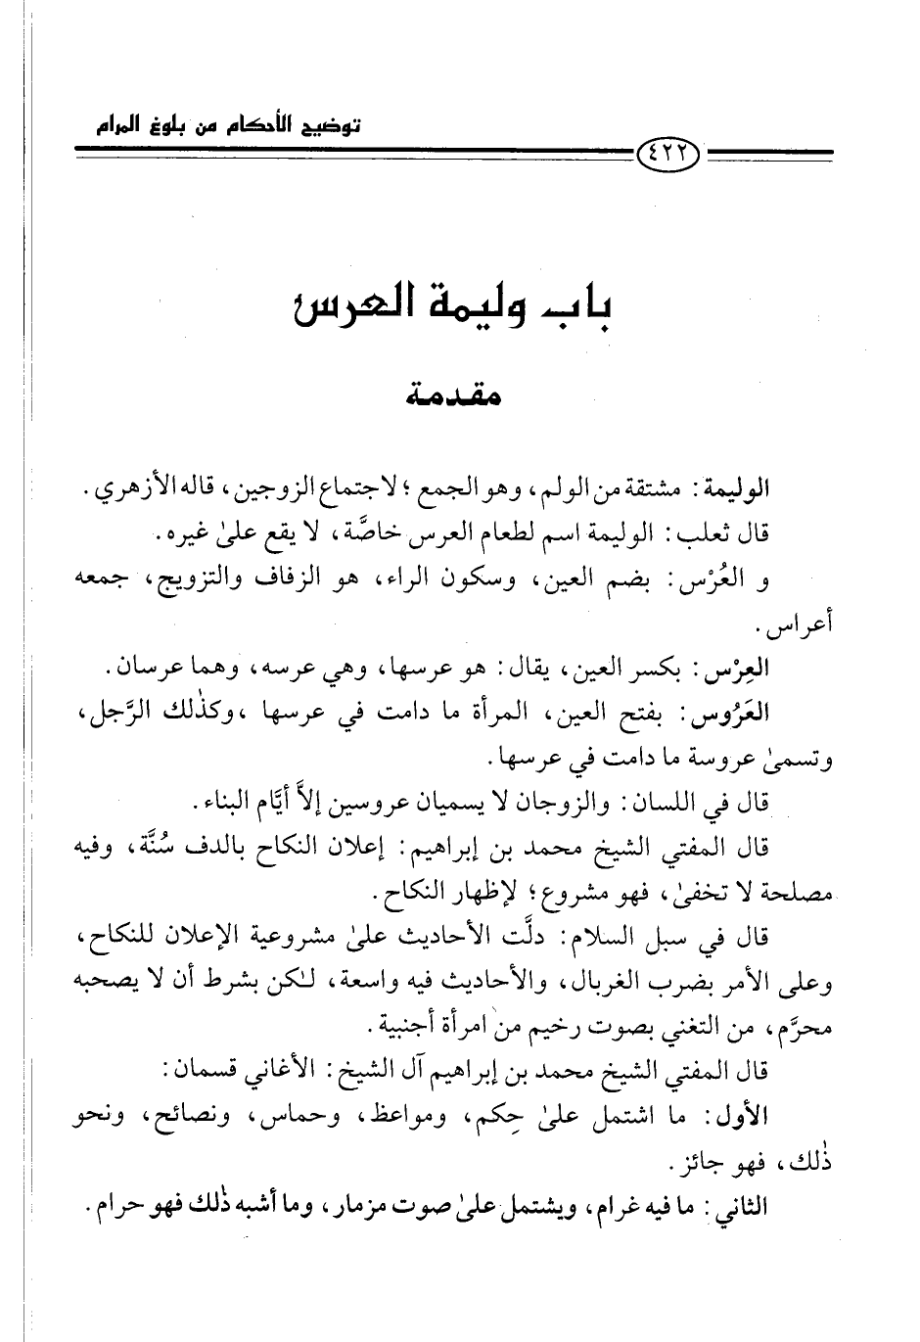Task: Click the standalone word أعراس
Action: (x=792, y=624)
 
